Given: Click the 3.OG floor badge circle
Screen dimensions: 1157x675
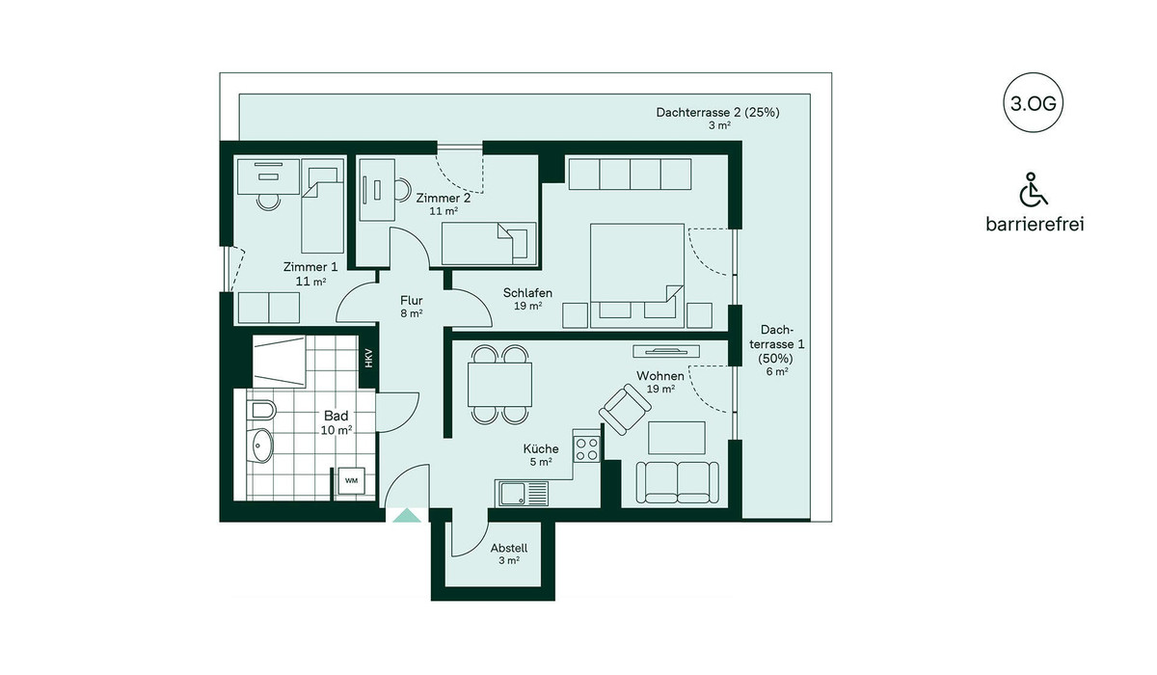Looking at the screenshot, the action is pyautogui.click(x=1033, y=103).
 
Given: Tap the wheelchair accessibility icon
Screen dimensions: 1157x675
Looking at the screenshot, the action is pyautogui.click(x=1033, y=189).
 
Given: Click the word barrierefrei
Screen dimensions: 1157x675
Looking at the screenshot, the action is pyautogui.click(x=1035, y=224).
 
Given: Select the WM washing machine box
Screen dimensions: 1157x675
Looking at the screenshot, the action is pyautogui.click(x=351, y=481).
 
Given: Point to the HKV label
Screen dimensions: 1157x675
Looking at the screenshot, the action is pyautogui.click(x=368, y=359).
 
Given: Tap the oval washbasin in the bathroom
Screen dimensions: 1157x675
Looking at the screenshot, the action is pyautogui.click(x=261, y=445).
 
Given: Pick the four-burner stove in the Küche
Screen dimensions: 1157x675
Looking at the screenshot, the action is pyautogui.click(x=587, y=448).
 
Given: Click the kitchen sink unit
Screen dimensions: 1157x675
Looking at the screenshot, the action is pyautogui.click(x=522, y=493).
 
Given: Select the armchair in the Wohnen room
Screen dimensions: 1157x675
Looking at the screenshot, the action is pyautogui.click(x=625, y=409).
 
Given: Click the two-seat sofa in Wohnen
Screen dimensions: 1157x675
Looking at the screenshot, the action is pyautogui.click(x=677, y=482).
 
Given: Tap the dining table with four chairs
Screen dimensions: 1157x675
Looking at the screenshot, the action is pyautogui.click(x=500, y=385).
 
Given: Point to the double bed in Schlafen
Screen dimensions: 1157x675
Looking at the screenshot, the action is pyautogui.click(x=637, y=275).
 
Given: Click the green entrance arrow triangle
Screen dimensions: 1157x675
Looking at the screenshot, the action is pyautogui.click(x=407, y=515).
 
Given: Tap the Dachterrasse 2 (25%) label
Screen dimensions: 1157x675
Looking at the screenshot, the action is pyautogui.click(x=718, y=112).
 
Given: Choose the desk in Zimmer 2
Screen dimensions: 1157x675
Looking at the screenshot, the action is pyautogui.click(x=377, y=190).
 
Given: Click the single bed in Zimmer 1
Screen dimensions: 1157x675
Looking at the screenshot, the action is pyautogui.click(x=322, y=205).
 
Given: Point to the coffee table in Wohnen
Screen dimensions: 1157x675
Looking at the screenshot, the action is pyautogui.click(x=677, y=438).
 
